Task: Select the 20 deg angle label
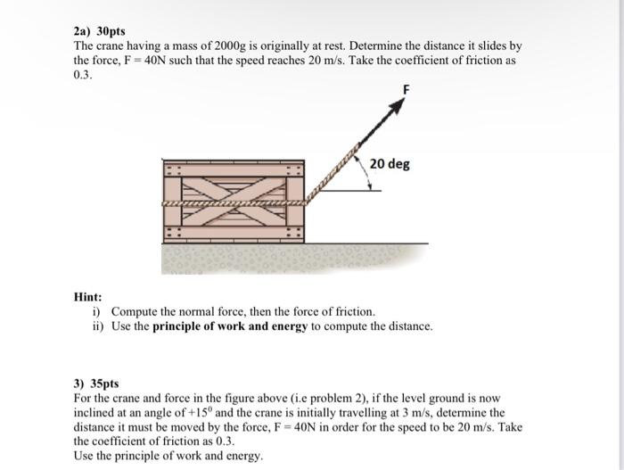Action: pos(390,164)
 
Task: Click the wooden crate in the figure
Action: pos(234,202)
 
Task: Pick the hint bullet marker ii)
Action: pos(97,326)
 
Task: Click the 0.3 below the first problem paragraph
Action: pos(82,75)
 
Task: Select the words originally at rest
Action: pos(312,45)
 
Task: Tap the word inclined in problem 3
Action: pos(95,413)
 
